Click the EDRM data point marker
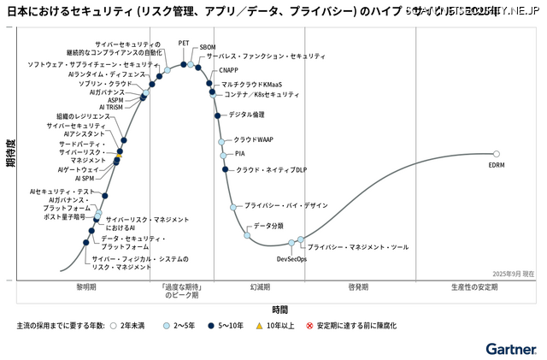(497, 154)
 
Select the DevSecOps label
(291, 258)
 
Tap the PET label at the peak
(184, 43)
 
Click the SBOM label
(208, 48)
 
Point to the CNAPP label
(229, 70)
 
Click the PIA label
(240, 154)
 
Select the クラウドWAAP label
(253, 139)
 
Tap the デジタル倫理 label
(247, 115)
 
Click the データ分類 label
(268, 225)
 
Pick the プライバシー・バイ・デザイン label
(286, 205)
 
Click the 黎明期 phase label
(86, 287)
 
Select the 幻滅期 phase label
(261, 287)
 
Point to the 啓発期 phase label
(359, 287)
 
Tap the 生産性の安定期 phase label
(474, 287)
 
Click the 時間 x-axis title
(280, 309)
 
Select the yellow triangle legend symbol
(260, 326)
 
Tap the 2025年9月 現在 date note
(513, 274)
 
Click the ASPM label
(115, 99)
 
